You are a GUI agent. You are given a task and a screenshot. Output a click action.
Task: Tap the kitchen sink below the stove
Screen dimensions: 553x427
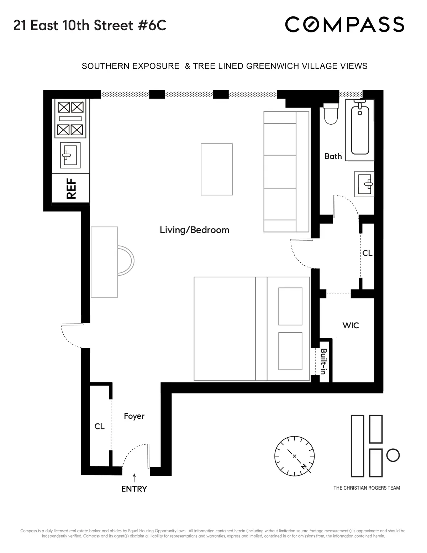pyautogui.click(x=70, y=155)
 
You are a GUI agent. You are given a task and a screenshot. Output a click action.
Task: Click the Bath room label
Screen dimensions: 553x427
pyautogui.click(x=333, y=156)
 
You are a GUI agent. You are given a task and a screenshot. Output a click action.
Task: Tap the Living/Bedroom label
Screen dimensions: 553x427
pyautogui.click(x=194, y=230)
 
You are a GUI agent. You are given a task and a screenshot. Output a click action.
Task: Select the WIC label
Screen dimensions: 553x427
pyautogui.click(x=350, y=325)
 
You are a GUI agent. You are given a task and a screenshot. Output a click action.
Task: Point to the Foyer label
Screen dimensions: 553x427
pyautogui.click(x=134, y=416)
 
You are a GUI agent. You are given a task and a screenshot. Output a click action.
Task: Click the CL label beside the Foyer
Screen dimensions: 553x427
pyautogui.click(x=99, y=426)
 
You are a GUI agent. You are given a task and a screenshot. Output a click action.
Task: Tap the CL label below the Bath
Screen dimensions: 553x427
pyautogui.click(x=367, y=253)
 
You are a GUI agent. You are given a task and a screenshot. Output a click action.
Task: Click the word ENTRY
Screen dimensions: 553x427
pyautogui.click(x=134, y=489)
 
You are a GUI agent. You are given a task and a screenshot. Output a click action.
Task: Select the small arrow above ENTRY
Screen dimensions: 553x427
pyautogui.click(x=134, y=477)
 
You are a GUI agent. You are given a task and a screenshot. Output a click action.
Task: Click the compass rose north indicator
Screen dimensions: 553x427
pyautogui.click(x=304, y=466)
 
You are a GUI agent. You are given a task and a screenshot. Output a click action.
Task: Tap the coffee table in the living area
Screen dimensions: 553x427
pyautogui.click(x=217, y=169)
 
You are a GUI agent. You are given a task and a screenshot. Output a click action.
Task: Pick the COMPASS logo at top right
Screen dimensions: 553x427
pyautogui.click(x=344, y=25)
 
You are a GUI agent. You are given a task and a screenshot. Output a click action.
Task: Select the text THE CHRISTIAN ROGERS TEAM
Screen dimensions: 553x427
pyautogui.click(x=367, y=488)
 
